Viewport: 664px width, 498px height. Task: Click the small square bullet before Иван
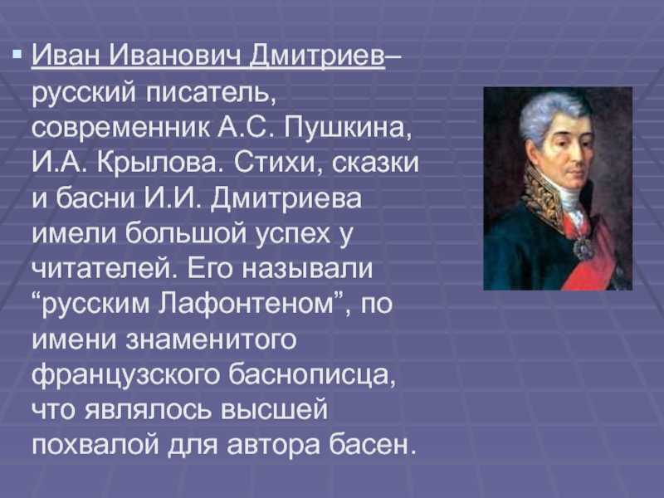[x=17, y=54]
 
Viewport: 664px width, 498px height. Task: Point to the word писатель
[x=211, y=92]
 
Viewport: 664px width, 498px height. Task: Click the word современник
[x=120, y=128]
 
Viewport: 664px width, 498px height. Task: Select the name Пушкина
[x=347, y=128]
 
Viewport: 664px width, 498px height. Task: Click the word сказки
[x=375, y=163]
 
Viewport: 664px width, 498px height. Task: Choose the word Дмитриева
[x=286, y=198]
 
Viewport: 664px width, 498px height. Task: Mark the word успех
[x=293, y=234]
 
